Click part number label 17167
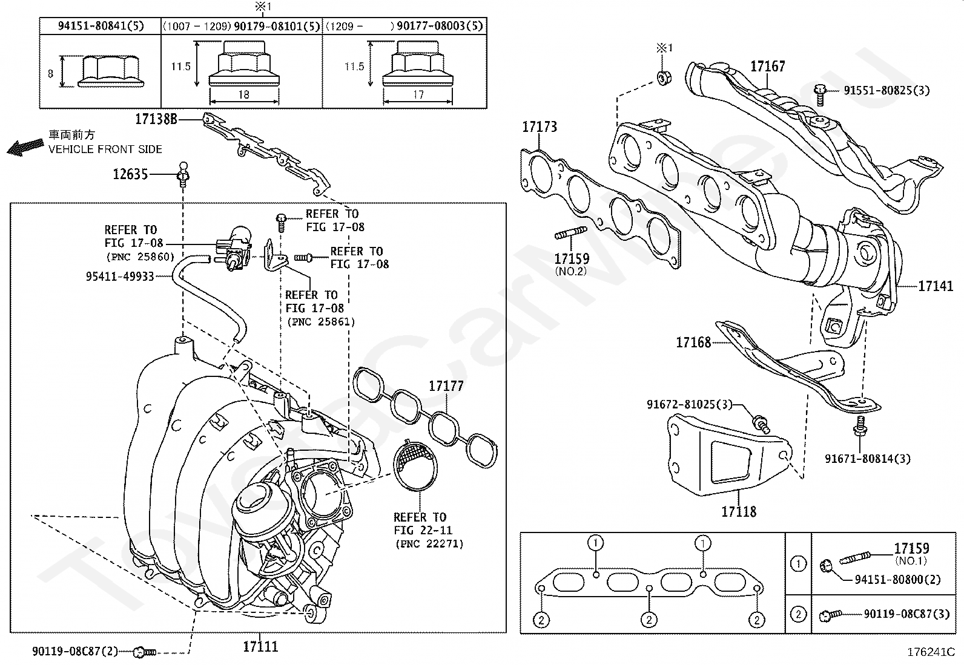767,66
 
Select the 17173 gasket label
540,126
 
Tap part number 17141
936,286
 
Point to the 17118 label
739,512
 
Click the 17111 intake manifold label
260,646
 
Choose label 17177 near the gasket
446,385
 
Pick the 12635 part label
130,175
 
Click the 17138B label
156,119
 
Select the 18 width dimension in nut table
243,94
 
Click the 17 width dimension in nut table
418,94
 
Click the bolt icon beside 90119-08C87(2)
144,652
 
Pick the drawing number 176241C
931,652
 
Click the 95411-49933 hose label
120,277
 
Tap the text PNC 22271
429,544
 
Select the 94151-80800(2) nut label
897,580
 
